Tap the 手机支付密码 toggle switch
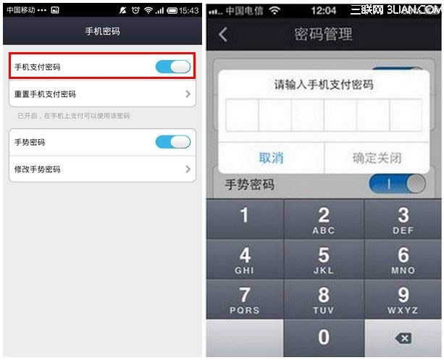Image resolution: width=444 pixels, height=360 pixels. pyautogui.click(x=173, y=67)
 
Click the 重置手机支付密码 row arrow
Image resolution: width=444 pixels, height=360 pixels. pyautogui.click(x=188, y=94)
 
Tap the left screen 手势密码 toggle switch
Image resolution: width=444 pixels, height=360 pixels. pyautogui.click(x=173, y=142)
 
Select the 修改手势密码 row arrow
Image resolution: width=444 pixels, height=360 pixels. pyautogui.click(x=188, y=169)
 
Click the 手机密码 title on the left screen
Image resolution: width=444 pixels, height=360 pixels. pyautogui.click(x=103, y=31)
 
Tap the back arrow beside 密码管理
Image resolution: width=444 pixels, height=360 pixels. pyautogui.click(x=223, y=35)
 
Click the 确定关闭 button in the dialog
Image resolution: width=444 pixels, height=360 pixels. pyautogui.click(x=377, y=158)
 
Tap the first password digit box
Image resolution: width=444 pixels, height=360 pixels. pyautogui.click(x=243, y=115)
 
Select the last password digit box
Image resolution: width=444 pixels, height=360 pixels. pyautogui.click(x=406, y=115)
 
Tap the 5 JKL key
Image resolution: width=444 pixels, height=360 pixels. pyautogui.click(x=324, y=259)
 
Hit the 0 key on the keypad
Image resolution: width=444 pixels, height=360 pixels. pyautogui.click(x=324, y=338)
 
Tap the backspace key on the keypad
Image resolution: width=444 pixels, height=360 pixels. pyautogui.click(x=403, y=338)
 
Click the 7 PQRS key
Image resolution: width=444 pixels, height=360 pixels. pyautogui.click(x=245, y=299)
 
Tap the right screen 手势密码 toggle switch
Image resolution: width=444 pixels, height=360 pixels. pyautogui.click(x=397, y=184)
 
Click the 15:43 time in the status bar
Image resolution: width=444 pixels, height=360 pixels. pyautogui.click(x=189, y=11)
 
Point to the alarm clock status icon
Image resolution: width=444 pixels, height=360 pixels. pyautogui.click(x=135, y=10)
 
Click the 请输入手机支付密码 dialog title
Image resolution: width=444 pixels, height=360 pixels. pyautogui.click(x=324, y=85)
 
